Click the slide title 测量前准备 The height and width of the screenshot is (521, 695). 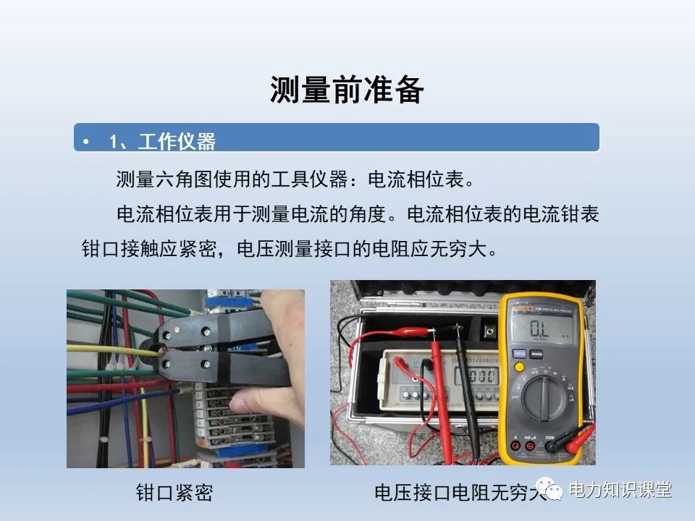pos(347,90)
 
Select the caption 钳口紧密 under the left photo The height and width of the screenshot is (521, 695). pos(174,494)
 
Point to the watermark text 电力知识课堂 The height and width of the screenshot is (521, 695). pos(620,490)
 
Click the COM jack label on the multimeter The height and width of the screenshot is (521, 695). pos(549,437)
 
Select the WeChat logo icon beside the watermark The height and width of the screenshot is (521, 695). pos(553,491)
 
